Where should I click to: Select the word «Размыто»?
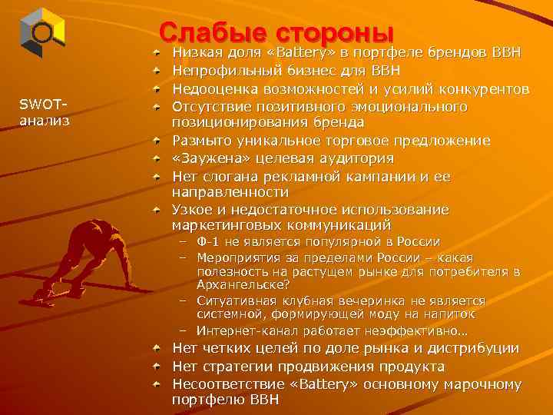198,141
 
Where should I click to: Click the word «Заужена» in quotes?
206,158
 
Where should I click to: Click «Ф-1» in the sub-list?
209,241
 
